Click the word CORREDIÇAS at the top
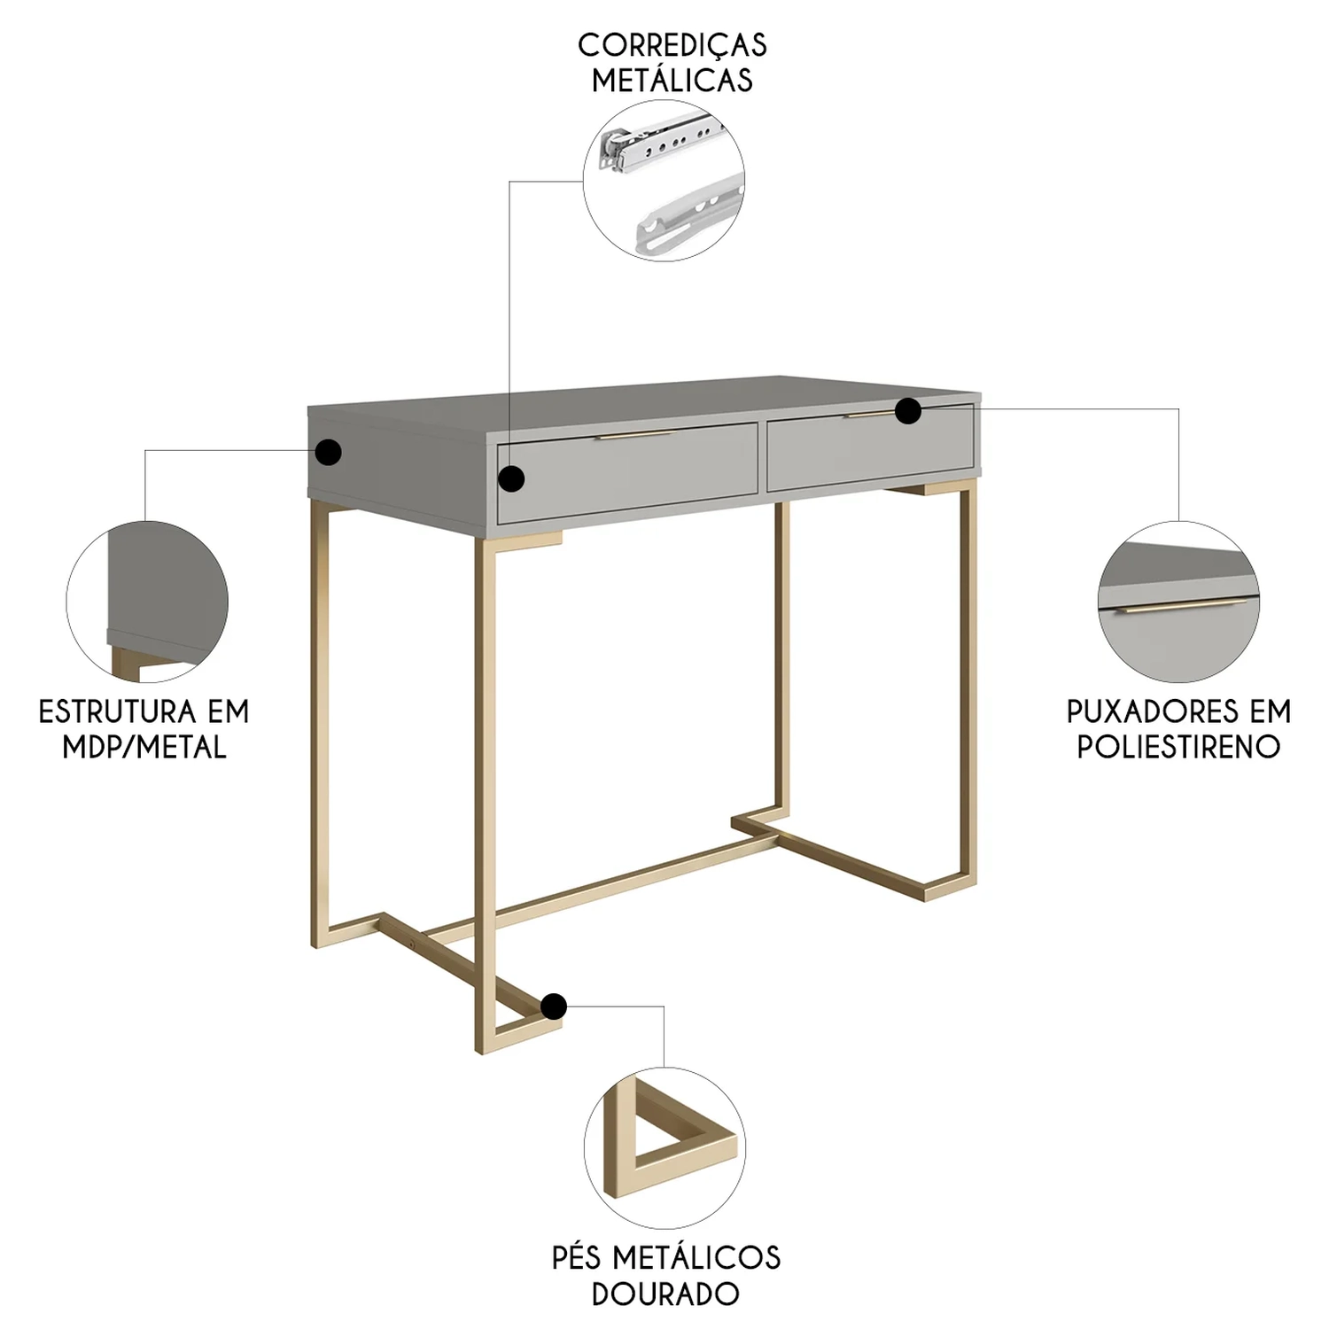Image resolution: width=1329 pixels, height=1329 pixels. [x=672, y=43]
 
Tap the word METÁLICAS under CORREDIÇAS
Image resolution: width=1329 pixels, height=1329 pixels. [x=672, y=80]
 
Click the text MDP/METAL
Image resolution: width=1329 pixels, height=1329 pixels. [x=144, y=747]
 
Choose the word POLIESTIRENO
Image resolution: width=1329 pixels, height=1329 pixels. [x=1178, y=747]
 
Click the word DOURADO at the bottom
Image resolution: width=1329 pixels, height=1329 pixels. [x=665, y=1294]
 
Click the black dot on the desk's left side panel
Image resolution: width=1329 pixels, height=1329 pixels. [x=329, y=453]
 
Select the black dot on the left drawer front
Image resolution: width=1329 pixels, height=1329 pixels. [x=511, y=479]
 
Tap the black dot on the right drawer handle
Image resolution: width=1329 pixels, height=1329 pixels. [x=908, y=411]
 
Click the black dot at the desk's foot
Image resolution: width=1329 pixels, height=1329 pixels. [x=554, y=1006]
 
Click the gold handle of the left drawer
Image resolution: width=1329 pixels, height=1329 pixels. [x=635, y=436]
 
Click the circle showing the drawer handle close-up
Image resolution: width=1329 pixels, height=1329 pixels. [x=1179, y=602]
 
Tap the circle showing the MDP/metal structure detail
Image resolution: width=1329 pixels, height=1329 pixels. [x=147, y=602]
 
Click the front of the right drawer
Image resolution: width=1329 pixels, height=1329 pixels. [x=871, y=448]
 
